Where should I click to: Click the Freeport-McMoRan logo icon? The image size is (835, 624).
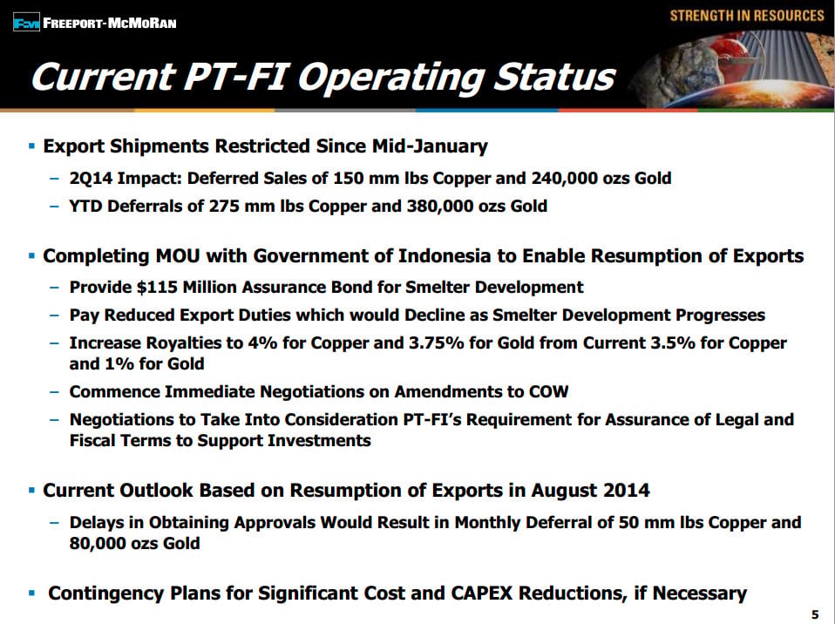coord(26,23)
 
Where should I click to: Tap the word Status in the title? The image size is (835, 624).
coord(554,78)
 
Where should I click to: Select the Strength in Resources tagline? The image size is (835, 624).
coord(747,16)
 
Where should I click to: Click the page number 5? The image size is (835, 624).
coord(815,614)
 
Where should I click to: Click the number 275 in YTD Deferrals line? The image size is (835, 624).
coord(224,206)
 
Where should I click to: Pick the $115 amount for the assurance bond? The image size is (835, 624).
coord(157,287)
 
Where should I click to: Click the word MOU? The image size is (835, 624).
coord(174,256)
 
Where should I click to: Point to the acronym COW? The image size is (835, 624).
coord(548,392)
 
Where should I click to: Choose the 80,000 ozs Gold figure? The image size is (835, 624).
coord(135,543)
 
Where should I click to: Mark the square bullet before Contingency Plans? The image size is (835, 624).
coord(32,593)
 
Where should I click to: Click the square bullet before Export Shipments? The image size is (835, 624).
coord(32,146)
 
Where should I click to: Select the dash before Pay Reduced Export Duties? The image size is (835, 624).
coord(54,315)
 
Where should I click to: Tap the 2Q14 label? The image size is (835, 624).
coord(91,178)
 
